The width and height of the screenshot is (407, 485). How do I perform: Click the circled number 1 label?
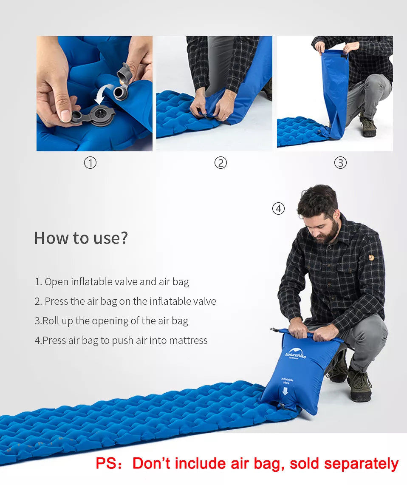click(90, 163)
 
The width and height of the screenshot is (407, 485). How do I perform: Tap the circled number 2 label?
click(220, 163)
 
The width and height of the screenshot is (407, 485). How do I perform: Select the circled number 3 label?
click(340, 163)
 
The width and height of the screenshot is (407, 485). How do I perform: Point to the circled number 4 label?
click(278, 209)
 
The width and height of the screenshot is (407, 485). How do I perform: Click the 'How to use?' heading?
click(81, 238)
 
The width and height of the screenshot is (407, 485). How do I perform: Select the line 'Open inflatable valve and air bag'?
click(112, 282)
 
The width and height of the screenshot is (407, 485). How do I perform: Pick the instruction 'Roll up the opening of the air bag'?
click(111, 321)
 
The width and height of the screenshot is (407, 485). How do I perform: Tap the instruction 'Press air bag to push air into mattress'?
click(121, 340)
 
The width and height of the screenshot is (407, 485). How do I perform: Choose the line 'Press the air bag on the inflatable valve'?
click(125, 301)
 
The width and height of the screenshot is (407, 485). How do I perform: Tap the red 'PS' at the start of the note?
click(106, 463)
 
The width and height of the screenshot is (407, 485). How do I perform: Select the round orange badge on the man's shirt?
click(371, 258)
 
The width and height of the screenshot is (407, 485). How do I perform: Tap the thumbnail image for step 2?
click(214, 94)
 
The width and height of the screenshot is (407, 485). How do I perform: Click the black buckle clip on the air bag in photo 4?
click(274, 330)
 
